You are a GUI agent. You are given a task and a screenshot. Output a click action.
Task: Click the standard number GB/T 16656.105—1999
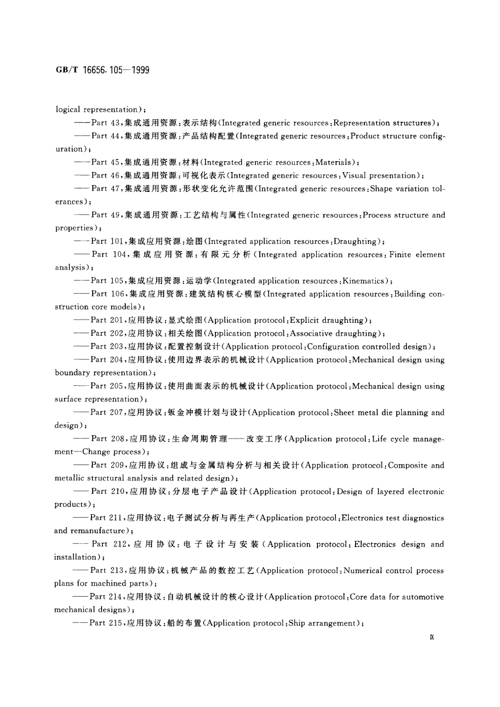pyautogui.click(x=102, y=70)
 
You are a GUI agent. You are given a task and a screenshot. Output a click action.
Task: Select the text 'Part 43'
pyautogui.click(x=105, y=123)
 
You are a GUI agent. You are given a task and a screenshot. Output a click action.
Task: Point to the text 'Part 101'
pyautogui.click(x=107, y=241)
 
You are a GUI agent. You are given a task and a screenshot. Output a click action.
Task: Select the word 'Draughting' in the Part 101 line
pyautogui.click(x=357, y=241)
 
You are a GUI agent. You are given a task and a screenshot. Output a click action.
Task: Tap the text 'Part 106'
pyautogui.click(x=108, y=294)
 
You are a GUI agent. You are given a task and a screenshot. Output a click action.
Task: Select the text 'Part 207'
pyautogui.click(x=107, y=413)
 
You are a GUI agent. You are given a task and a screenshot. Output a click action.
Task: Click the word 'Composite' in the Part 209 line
pyautogui.click(x=408, y=465)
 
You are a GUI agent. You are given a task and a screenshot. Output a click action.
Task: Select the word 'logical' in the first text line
pyautogui.click(x=68, y=110)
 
